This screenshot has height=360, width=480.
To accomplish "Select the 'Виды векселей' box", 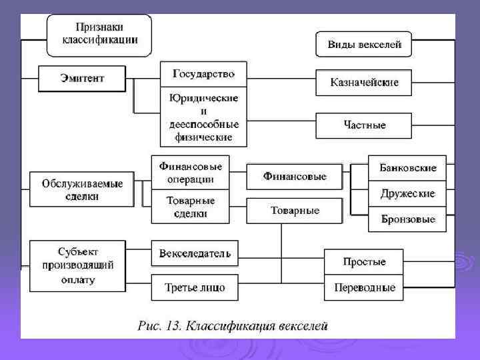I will coord(364,45).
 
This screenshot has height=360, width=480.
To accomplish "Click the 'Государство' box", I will coord(203,73).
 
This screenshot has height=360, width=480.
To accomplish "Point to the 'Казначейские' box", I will coord(364,82).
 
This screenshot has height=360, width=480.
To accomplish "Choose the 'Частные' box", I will coord(364,125).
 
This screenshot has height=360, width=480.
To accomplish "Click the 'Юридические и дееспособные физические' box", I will coord(203,117).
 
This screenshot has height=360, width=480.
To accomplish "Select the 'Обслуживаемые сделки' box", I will coord(82,189).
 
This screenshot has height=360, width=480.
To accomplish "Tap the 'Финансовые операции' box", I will coord(191,172).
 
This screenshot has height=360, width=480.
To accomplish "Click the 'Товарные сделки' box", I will coord(191,207).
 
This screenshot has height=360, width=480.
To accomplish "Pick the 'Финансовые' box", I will coord(295,177).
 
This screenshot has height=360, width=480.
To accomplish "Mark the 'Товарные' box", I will coord(295,211).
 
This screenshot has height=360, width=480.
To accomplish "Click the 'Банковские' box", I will coord(407,168).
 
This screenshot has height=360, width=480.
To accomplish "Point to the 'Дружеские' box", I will coord(407,193).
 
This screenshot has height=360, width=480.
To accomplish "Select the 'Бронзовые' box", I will coord(407,219).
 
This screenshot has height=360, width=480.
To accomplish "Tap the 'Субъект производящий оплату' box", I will coord(77,265).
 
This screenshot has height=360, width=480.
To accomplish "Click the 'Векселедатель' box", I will coord(195,253).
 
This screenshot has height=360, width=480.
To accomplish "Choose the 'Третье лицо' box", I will coord(195,287).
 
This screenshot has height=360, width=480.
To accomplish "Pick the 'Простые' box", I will coord(364,261).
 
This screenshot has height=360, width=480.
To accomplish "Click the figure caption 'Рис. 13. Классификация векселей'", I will coord(233,326).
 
